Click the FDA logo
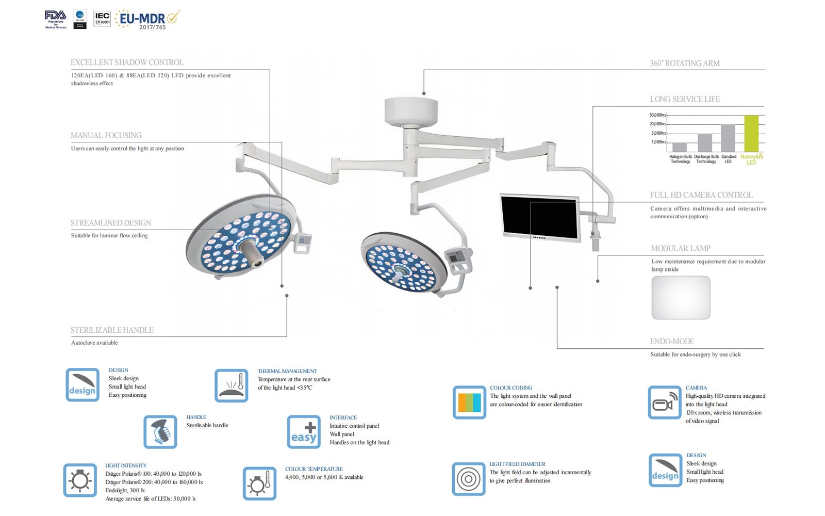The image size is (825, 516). [x=55, y=19]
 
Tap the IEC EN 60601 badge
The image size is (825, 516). [x=102, y=19]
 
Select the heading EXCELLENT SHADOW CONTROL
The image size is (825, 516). [x=127, y=62]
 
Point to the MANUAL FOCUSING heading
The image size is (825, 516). [x=106, y=135]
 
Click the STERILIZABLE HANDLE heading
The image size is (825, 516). [x=112, y=330]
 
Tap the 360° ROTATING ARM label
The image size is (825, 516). [x=684, y=63]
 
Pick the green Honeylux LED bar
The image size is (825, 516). [x=751, y=133]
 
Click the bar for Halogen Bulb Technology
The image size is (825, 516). [x=680, y=147]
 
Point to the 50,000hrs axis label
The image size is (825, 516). [x=657, y=115]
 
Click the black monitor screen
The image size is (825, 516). [x=540, y=218]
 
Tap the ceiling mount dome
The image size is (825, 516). [x=411, y=111]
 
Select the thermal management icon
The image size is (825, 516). [x=231, y=385]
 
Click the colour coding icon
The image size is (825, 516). [x=469, y=402]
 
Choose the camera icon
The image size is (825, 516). [x=664, y=402]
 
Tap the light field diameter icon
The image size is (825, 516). [x=468, y=479]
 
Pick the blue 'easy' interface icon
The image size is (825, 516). [x=304, y=432]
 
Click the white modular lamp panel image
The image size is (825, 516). [x=681, y=298]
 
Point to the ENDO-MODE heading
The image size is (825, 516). [x=672, y=342]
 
